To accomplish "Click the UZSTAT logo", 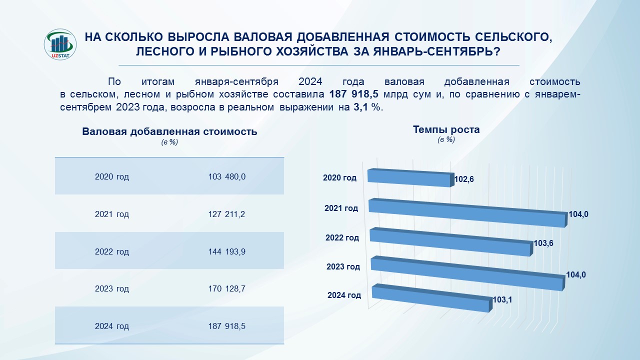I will (60, 45).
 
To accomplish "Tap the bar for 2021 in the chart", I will (467, 212).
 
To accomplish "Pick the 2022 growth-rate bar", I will (450, 242).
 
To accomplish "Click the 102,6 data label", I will (464, 179).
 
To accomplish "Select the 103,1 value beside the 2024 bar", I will (502, 300).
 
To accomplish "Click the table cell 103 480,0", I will (227, 176).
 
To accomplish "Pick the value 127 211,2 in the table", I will (227, 214).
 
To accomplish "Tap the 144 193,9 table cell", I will (227, 251).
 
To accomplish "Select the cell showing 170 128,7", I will (227, 288).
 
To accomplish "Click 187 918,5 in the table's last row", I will (227, 326).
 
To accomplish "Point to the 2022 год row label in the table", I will (112, 251).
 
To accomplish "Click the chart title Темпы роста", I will (446, 129).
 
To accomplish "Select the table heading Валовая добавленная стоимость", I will (169, 132).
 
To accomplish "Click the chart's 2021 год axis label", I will (341, 208).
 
